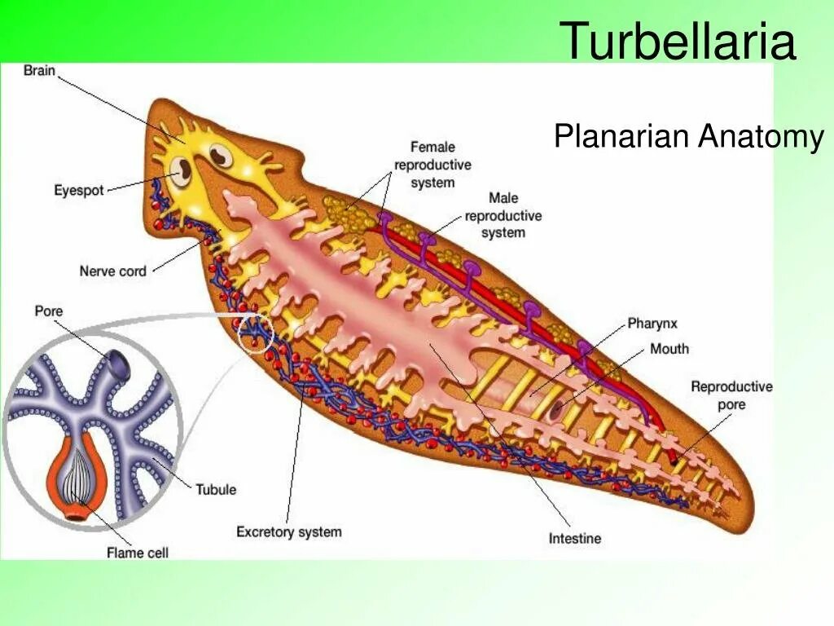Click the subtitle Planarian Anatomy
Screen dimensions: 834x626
coord(688,136)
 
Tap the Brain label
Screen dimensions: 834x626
coord(39,71)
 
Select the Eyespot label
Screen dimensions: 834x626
coord(79,190)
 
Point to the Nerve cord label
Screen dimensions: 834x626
coord(113,271)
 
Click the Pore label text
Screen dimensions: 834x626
coord(48,311)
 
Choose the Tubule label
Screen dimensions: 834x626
coord(216,489)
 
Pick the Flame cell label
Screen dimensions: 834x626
coord(137,553)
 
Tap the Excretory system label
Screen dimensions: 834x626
coord(289,532)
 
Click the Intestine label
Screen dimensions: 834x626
coord(574,538)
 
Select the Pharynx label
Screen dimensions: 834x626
coord(652,324)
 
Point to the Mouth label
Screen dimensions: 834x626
coord(669,349)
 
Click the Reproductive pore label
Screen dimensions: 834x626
coord(731,395)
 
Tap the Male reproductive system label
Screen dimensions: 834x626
coord(503,215)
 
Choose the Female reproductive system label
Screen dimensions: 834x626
coord(432,165)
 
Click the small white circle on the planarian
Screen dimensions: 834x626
coord(253,333)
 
